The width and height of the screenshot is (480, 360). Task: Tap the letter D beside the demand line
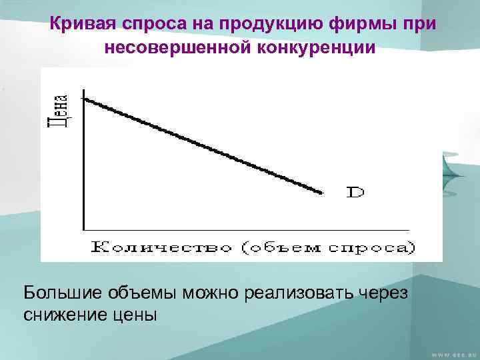click(355, 193)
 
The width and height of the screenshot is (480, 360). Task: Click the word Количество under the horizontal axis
click(163, 247)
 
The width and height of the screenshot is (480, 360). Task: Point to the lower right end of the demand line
click(322, 193)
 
